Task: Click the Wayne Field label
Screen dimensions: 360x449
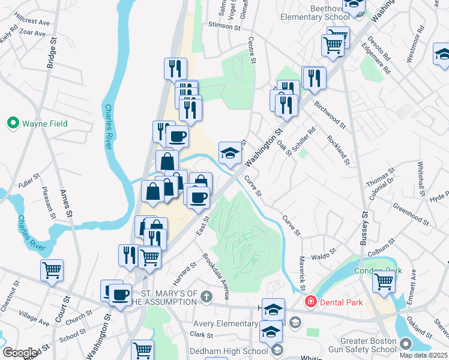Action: click(45, 124)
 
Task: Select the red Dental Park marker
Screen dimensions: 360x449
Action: click(311, 302)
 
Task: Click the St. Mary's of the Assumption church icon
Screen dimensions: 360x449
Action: click(206, 296)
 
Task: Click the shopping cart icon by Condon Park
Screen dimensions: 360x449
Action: click(384, 280)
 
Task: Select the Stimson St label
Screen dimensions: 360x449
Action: click(224, 27)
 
